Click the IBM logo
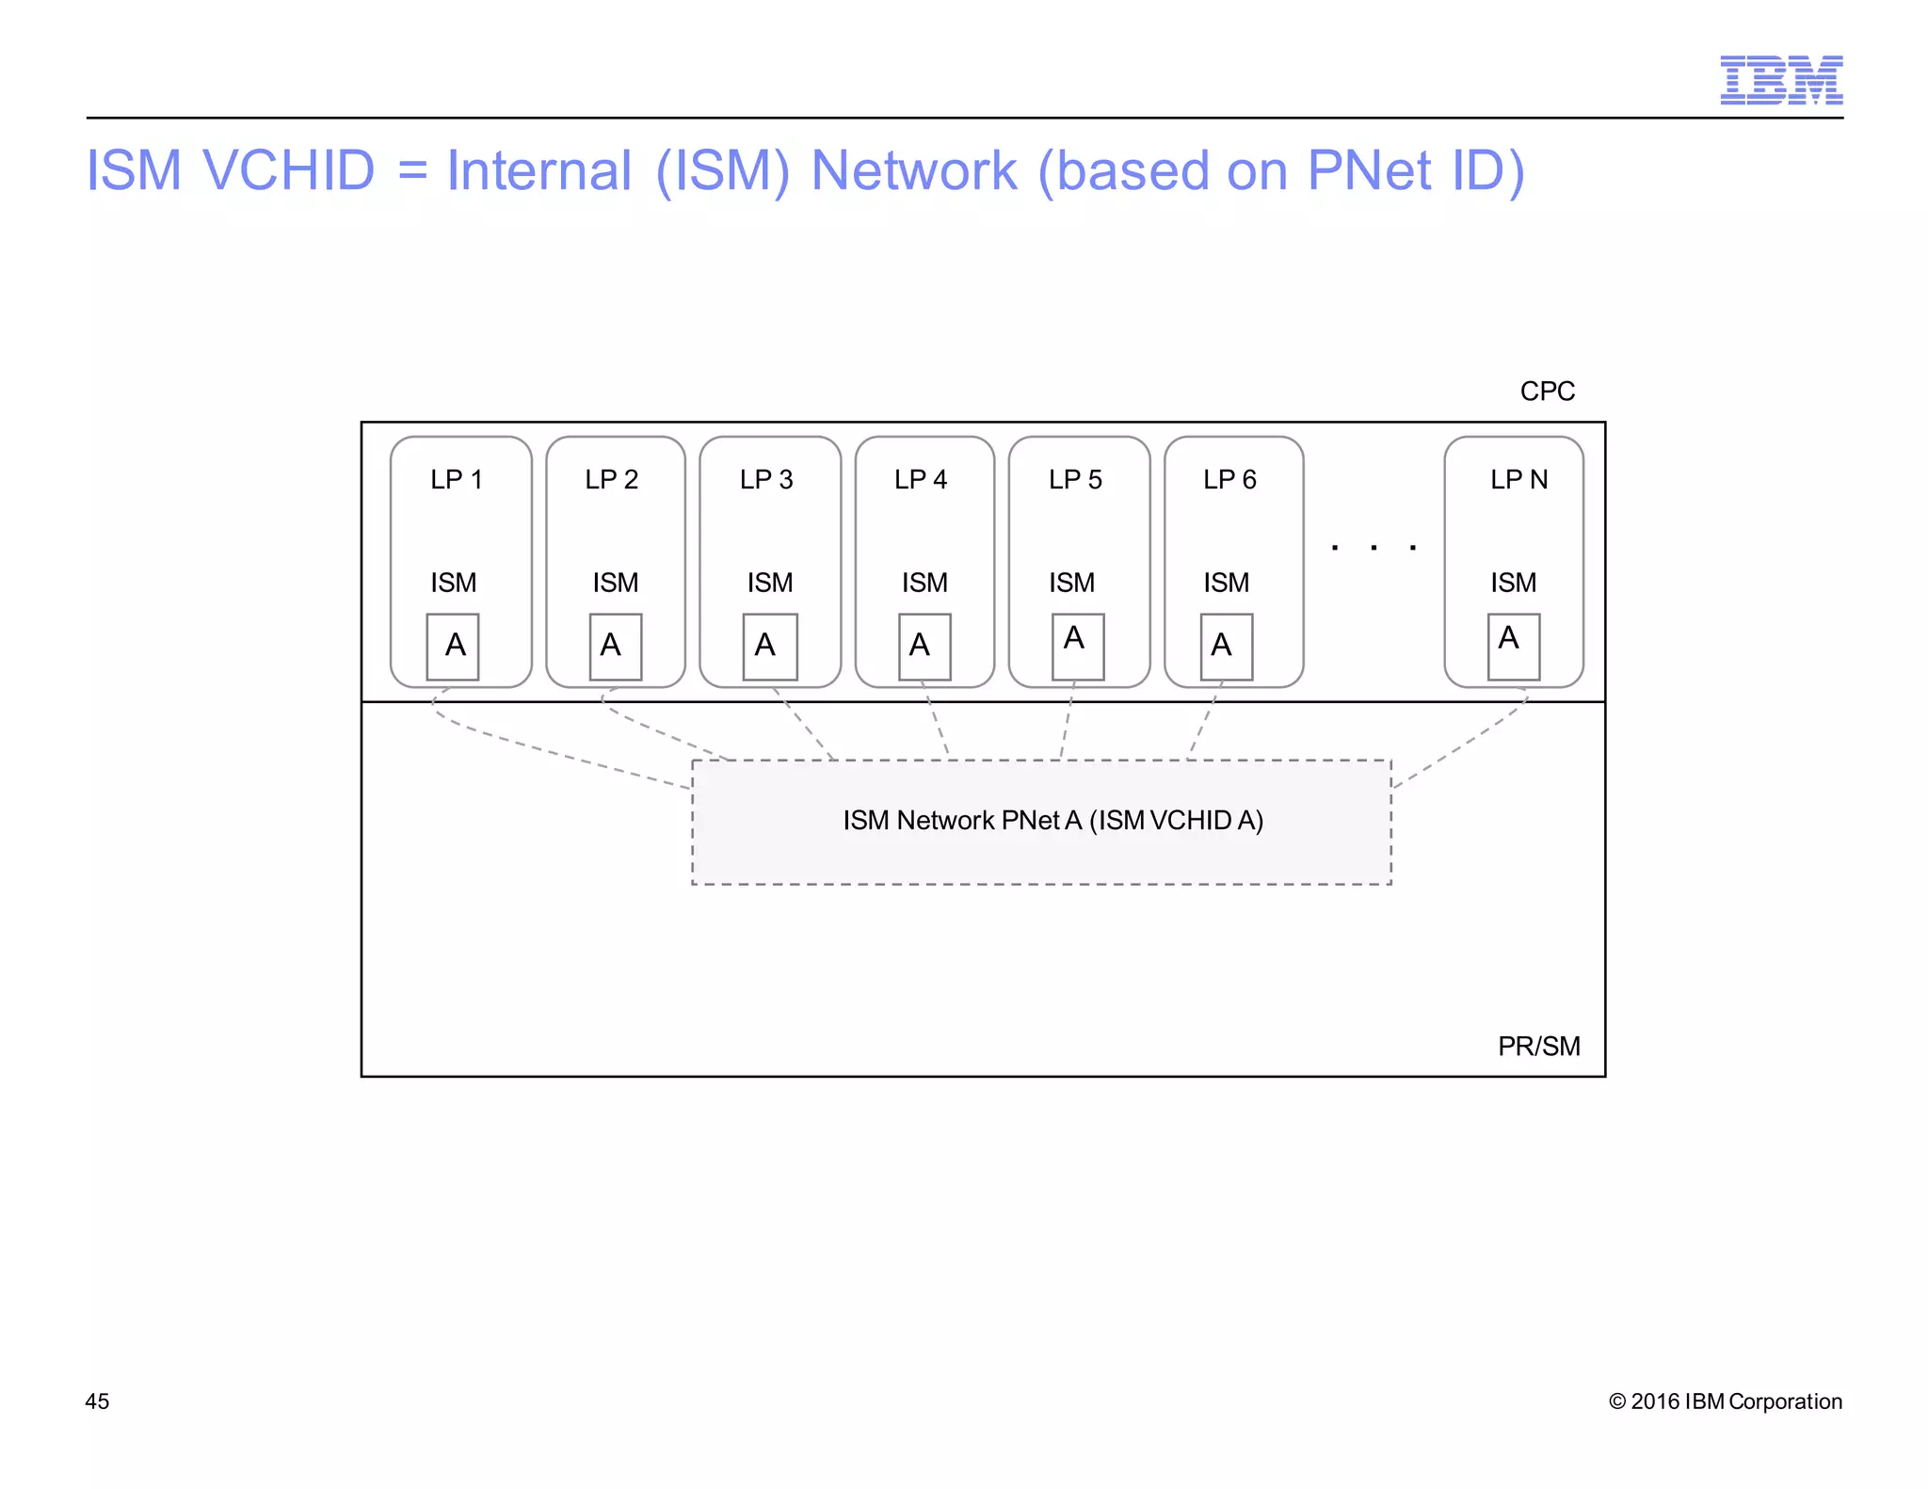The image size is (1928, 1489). tap(1780, 80)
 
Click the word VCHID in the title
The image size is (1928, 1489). tap(288, 170)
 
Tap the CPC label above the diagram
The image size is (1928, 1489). tap(1547, 391)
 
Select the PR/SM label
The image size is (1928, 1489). tap(1538, 1046)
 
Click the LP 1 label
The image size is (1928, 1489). tap(457, 480)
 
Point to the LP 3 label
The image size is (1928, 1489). tap(766, 480)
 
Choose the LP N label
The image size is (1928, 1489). tap(1518, 480)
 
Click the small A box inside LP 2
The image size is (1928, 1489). tap(615, 646)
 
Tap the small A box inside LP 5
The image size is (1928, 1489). tap(1077, 646)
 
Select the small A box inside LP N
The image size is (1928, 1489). tap(1513, 646)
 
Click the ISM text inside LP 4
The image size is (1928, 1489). tap(924, 584)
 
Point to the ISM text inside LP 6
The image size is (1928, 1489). tap(1226, 584)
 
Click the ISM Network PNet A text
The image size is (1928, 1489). tap(1052, 821)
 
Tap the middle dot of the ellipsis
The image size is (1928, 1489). tap(1374, 547)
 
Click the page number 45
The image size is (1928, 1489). tap(97, 1401)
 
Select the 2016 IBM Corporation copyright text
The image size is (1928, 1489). tap(1725, 1401)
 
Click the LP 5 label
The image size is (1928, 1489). tap(1075, 480)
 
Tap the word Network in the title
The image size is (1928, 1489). tap(913, 170)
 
